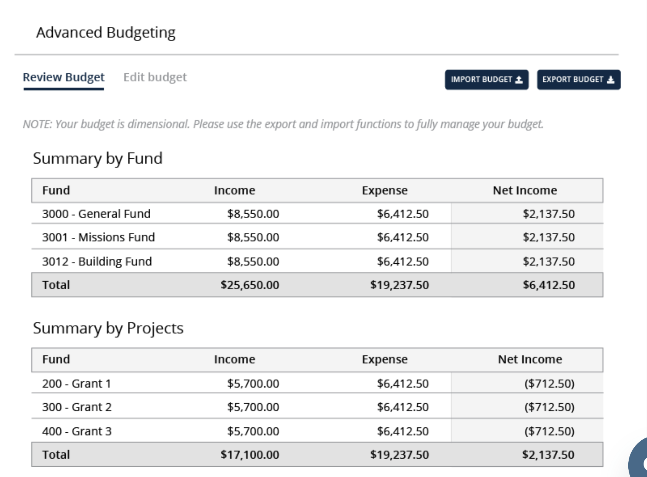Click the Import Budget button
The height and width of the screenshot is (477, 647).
click(x=487, y=80)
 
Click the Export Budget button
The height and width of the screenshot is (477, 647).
click(x=579, y=80)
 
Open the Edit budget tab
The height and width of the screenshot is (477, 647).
click(x=155, y=77)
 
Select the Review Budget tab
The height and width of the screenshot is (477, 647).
click(x=63, y=77)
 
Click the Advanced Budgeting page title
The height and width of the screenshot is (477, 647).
click(x=106, y=32)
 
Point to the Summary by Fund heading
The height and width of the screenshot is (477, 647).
click(x=98, y=159)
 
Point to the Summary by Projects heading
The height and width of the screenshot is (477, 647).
click(x=108, y=328)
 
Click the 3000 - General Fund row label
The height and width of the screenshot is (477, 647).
click(x=96, y=214)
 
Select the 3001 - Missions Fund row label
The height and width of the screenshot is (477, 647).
click(x=99, y=237)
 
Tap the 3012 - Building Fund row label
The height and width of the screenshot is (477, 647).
click(x=97, y=261)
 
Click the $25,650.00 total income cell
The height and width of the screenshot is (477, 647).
click(x=250, y=285)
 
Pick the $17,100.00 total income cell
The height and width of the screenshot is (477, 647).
click(x=250, y=455)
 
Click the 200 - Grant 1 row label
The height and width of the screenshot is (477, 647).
click(x=76, y=384)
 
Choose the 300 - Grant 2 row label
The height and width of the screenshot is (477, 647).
click(x=77, y=407)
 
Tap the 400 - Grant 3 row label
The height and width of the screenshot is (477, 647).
click(x=77, y=432)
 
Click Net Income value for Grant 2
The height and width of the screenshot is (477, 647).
click(x=549, y=407)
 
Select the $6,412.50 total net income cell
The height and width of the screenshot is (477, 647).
click(x=549, y=285)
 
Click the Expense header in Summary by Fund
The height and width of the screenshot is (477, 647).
click(x=385, y=191)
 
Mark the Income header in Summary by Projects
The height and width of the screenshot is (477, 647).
click(x=234, y=360)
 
